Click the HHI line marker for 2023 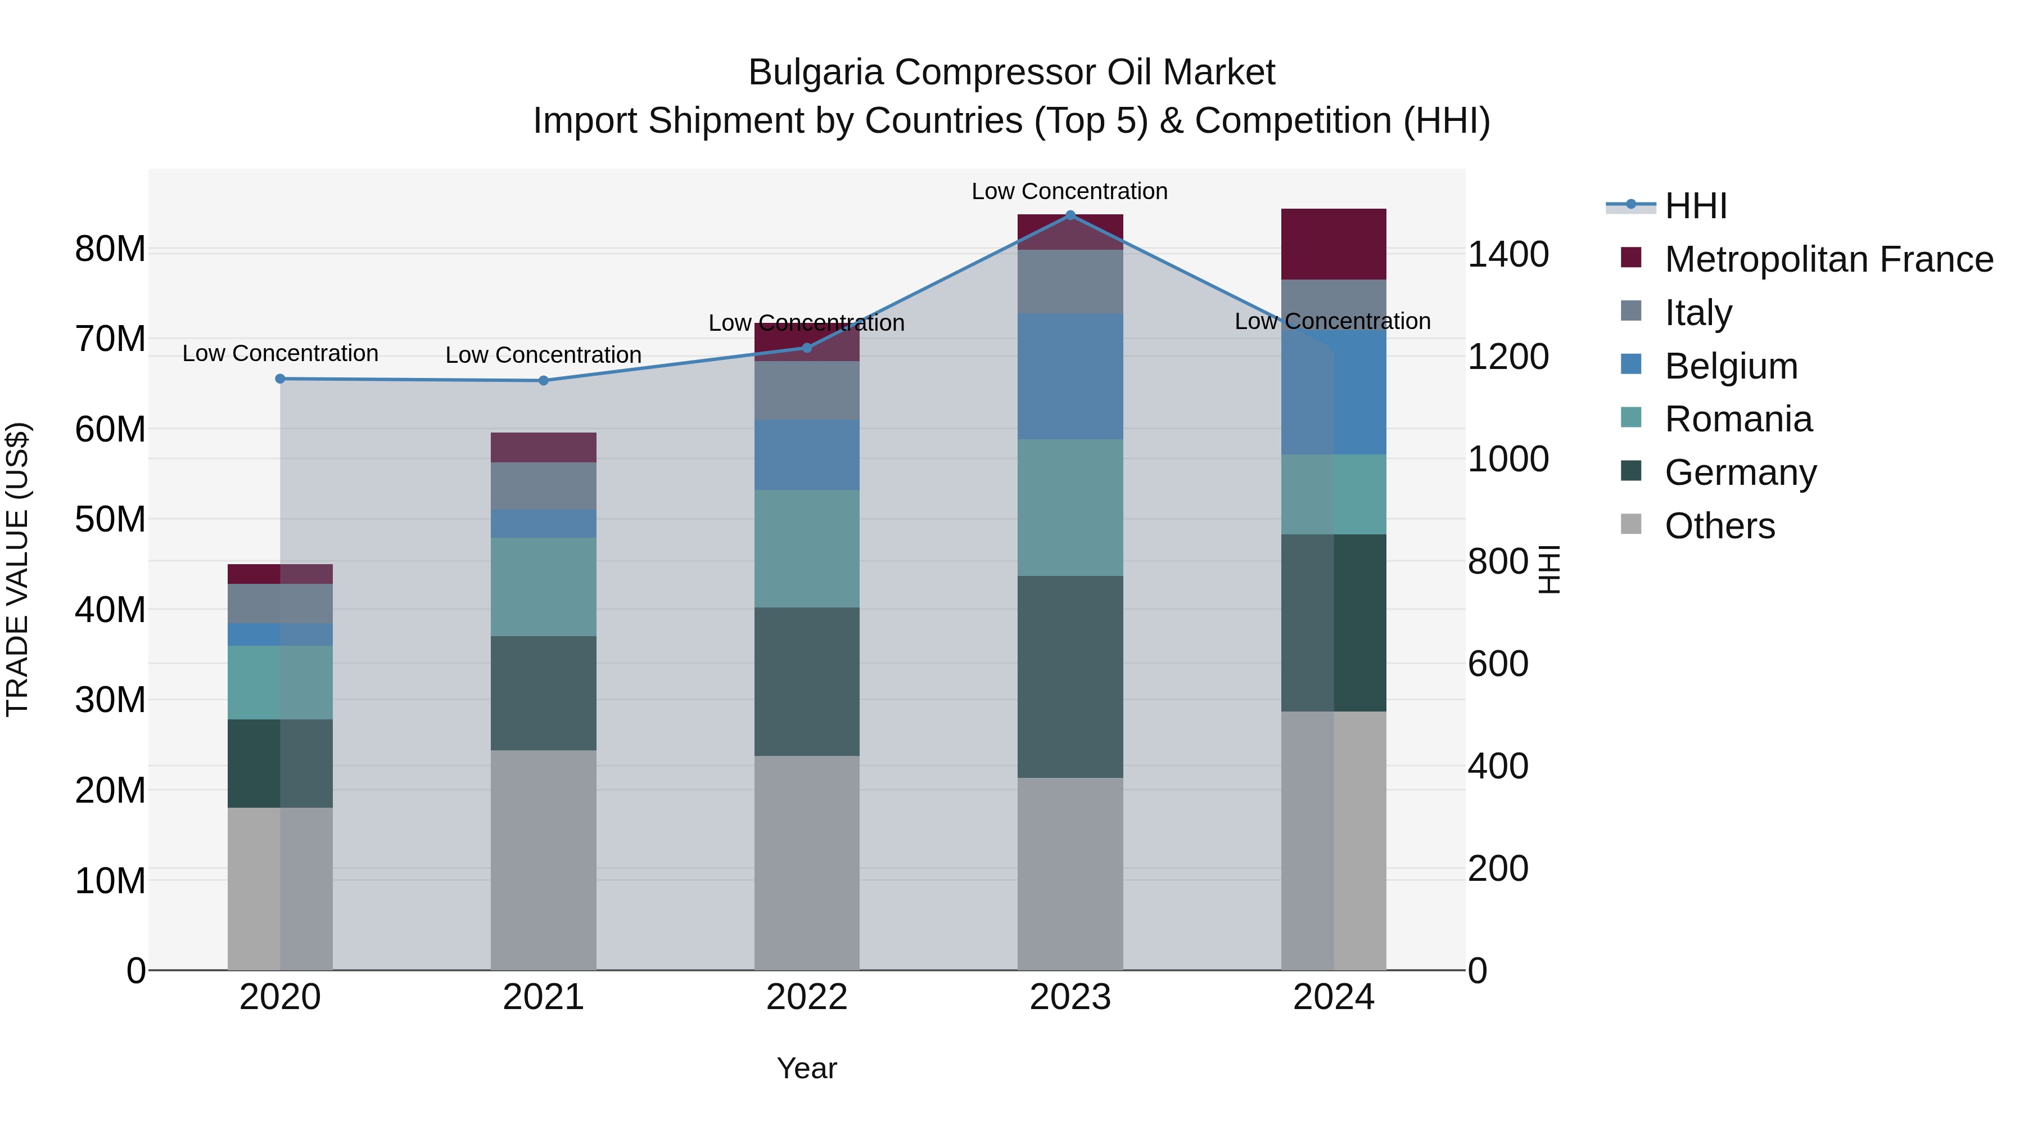(x=1069, y=215)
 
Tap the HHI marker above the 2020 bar (x=280, y=379)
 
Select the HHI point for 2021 (x=543, y=380)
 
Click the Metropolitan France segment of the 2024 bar (x=1334, y=245)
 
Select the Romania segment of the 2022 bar (x=806, y=548)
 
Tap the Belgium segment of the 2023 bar (x=1069, y=376)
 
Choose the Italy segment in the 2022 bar (x=806, y=391)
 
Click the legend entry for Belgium (x=1731, y=366)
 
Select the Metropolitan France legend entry (x=1828, y=259)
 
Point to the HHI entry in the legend (x=1696, y=206)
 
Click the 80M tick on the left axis (x=110, y=249)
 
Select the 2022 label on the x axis (x=806, y=997)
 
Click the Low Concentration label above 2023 (x=1069, y=191)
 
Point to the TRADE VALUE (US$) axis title (x=17, y=569)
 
